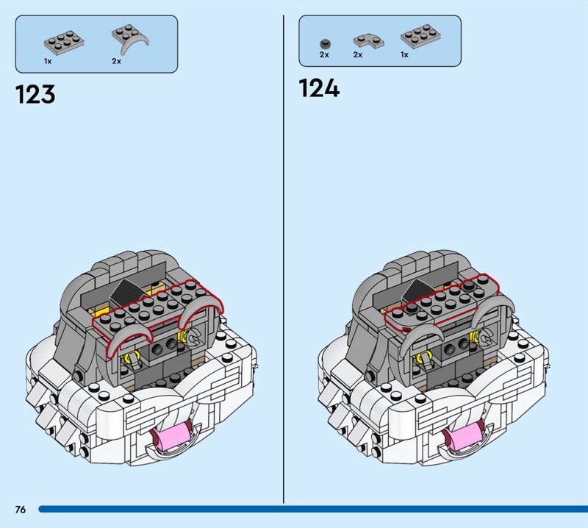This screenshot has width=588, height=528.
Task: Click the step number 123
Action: tap(35, 94)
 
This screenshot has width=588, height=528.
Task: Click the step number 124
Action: tap(319, 88)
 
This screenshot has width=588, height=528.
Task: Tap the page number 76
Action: tap(21, 509)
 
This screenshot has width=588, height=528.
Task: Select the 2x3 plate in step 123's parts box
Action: tap(64, 43)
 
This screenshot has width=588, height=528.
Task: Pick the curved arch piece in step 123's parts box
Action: tap(130, 40)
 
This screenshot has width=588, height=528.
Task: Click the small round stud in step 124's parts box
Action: tap(325, 43)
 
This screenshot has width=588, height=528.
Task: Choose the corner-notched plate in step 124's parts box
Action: tap(369, 41)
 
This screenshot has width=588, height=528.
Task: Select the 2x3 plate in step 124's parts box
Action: tap(420, 36)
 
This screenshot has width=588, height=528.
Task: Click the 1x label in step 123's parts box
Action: tap(48, 61)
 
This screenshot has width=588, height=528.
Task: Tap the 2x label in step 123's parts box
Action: tap(116, 61)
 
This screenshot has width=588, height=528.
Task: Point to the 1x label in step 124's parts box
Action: tap(404, 55)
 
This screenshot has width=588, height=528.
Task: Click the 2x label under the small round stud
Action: tap(324, 55)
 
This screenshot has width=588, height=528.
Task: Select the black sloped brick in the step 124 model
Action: tap(417, 290)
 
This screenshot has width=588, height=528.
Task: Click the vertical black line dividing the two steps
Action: tap(284, 259)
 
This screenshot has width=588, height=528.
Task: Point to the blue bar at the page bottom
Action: tap(313, 509)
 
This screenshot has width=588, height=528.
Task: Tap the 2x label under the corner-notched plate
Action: tap(358, 55)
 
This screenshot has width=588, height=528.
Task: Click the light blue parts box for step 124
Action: tap(380, 41)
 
